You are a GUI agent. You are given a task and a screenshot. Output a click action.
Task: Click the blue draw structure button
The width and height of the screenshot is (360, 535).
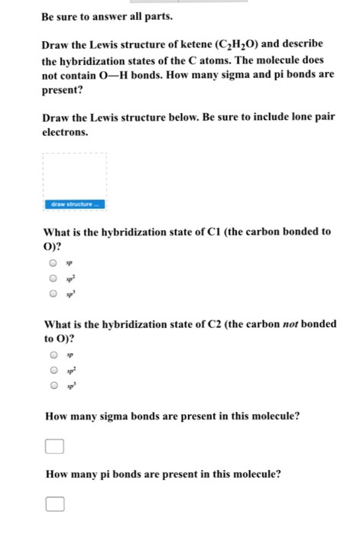(x=75, y=205)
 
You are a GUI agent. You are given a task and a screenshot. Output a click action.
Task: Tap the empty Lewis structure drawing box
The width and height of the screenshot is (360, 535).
(x=75, y=175)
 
